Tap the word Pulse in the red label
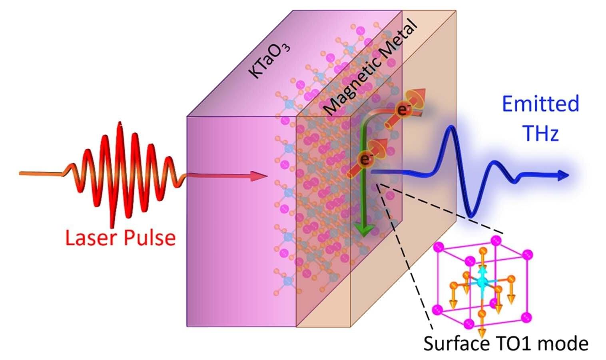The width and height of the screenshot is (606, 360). (150, 238)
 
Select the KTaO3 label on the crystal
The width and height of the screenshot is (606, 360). (269, 60)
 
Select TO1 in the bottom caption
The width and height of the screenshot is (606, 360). (506, 343)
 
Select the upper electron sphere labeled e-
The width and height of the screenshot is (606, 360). (403, 110)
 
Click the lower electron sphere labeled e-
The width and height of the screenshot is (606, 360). (365, 159)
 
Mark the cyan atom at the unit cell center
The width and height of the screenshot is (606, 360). (481, 282)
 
